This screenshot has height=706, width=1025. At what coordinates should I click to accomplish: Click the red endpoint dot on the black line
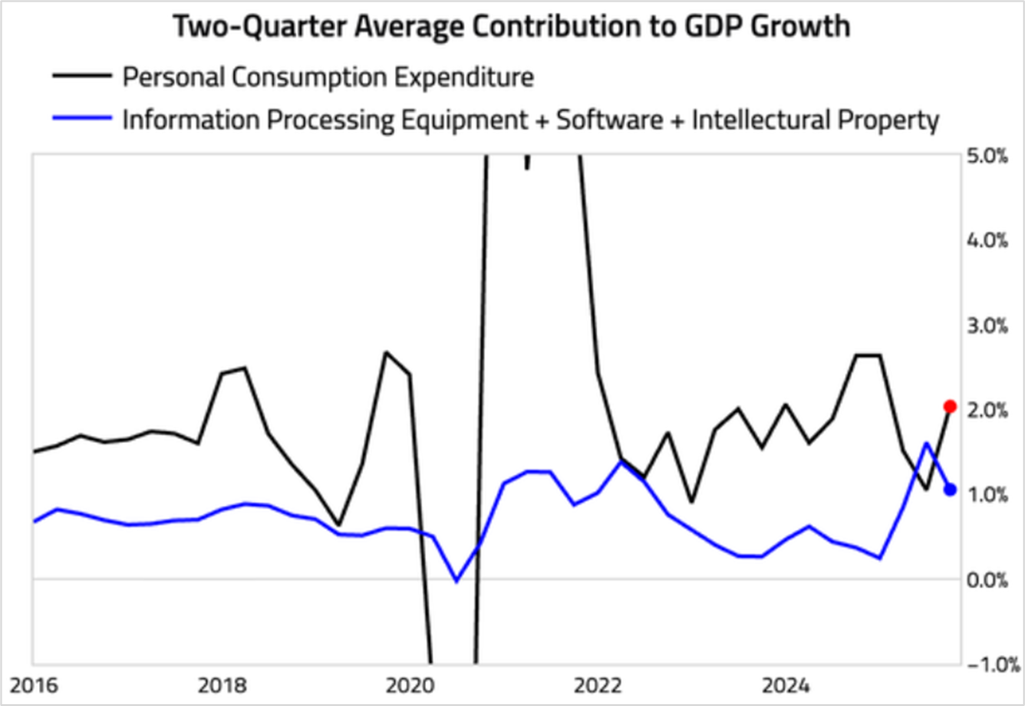pos(950,406)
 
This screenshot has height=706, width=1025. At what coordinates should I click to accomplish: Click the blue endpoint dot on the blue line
pos(950,490)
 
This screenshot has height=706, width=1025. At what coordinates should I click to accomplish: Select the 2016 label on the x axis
pos(34,682)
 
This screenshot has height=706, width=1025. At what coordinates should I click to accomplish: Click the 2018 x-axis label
pos(222,682)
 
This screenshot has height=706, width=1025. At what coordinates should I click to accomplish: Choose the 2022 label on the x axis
pos(597,682)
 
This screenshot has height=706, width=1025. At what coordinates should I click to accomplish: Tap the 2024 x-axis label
pos(785,682)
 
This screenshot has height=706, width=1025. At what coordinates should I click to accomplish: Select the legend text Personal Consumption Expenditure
pos(328,76)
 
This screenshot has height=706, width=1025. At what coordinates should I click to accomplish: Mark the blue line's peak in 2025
pos(926,444)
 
